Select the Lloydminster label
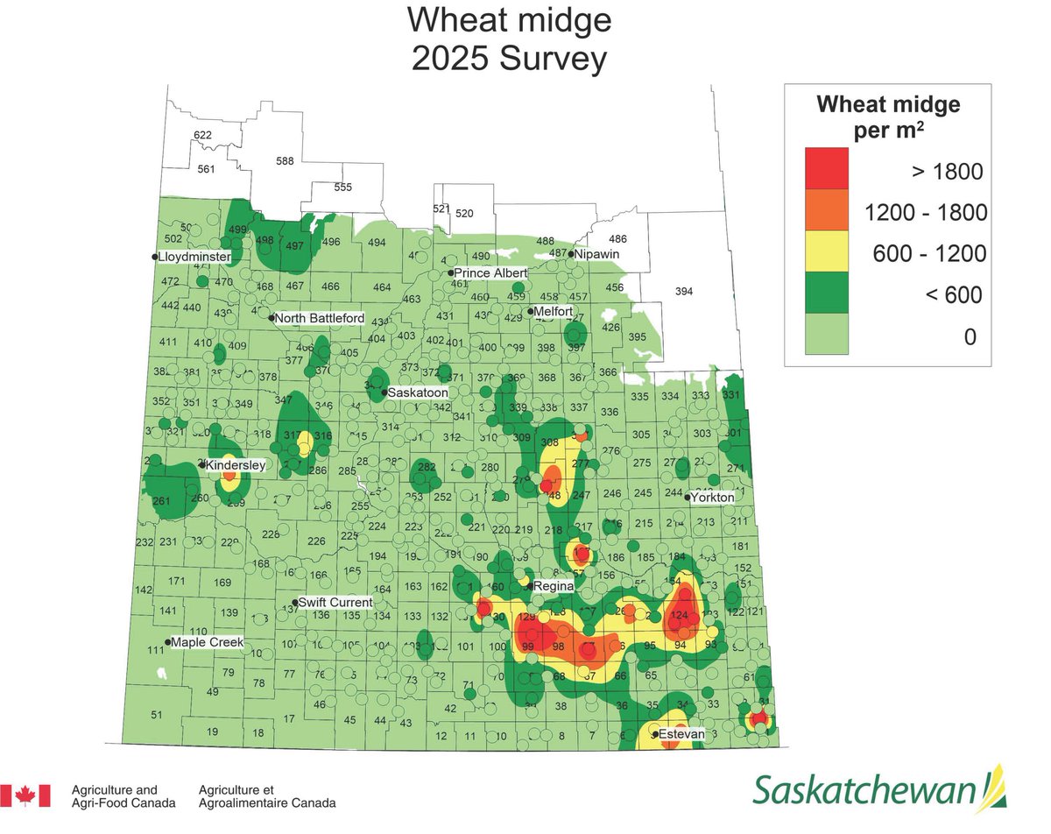click(194, 258)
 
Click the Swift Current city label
click(335, 603)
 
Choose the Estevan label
click(681, 734)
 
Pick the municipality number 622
click(202, 135)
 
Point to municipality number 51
click(157, 716)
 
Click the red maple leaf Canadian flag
click(25, 795)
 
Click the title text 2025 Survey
click(509, 60)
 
